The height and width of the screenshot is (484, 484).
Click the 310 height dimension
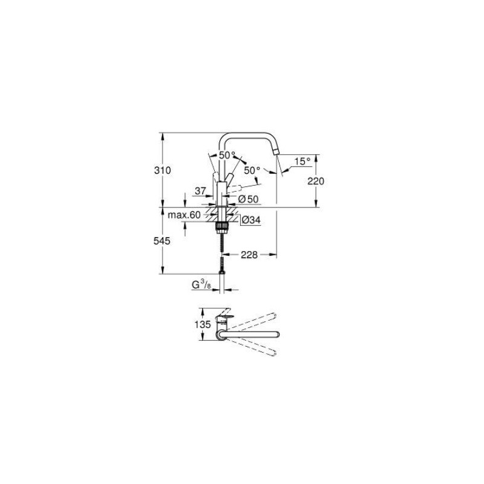click(x=162, y=171)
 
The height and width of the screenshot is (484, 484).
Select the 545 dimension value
click(x=162, y=240)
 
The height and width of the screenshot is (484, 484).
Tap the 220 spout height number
click(x=316, y=181)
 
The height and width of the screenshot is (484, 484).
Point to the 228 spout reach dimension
click(x=249, y=255)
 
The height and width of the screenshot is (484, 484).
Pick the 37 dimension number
click(x=200, y=191)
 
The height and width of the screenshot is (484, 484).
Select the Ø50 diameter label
click(x=248, y=198)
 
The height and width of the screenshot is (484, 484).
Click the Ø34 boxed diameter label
click(x=250, y=221)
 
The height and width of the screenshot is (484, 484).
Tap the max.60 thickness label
click(x=184, y=215)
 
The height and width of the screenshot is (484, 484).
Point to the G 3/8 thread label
click(x=201, y=284)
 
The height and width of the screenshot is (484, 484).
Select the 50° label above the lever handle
click(x=227, y=155)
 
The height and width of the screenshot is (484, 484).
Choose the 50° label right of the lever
click(x=252, y=170)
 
